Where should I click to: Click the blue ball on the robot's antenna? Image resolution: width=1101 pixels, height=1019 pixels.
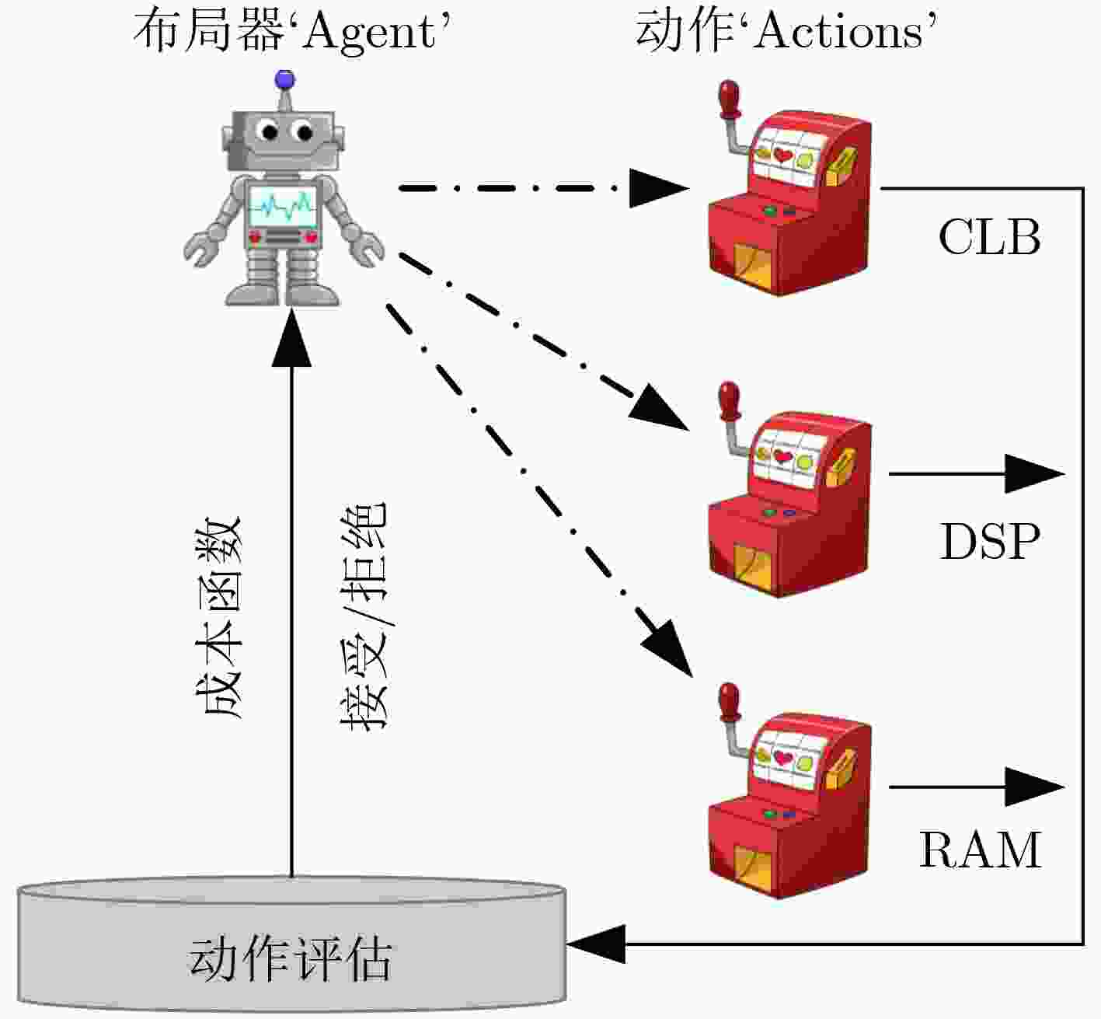pos(285,79)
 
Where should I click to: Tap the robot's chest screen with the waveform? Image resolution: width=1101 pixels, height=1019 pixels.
pos(282,206)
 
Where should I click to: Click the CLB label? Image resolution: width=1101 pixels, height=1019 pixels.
pos(990,237)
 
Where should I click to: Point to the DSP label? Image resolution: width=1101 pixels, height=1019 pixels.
pos(990,541)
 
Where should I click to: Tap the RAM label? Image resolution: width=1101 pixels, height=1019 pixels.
pos(980,850)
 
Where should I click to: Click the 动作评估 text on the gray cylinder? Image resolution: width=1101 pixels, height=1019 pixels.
pos(290,958)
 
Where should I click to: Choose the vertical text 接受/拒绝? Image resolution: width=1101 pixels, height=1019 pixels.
pos(363,615)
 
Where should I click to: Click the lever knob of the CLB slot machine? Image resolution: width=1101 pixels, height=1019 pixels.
pos(730,99)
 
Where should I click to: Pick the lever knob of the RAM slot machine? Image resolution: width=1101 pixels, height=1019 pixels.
pos(730,702)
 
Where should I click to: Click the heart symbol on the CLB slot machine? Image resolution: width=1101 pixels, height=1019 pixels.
pos(782,155)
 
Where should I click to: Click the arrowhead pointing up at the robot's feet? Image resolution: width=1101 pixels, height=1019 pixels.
pos(291,338)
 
